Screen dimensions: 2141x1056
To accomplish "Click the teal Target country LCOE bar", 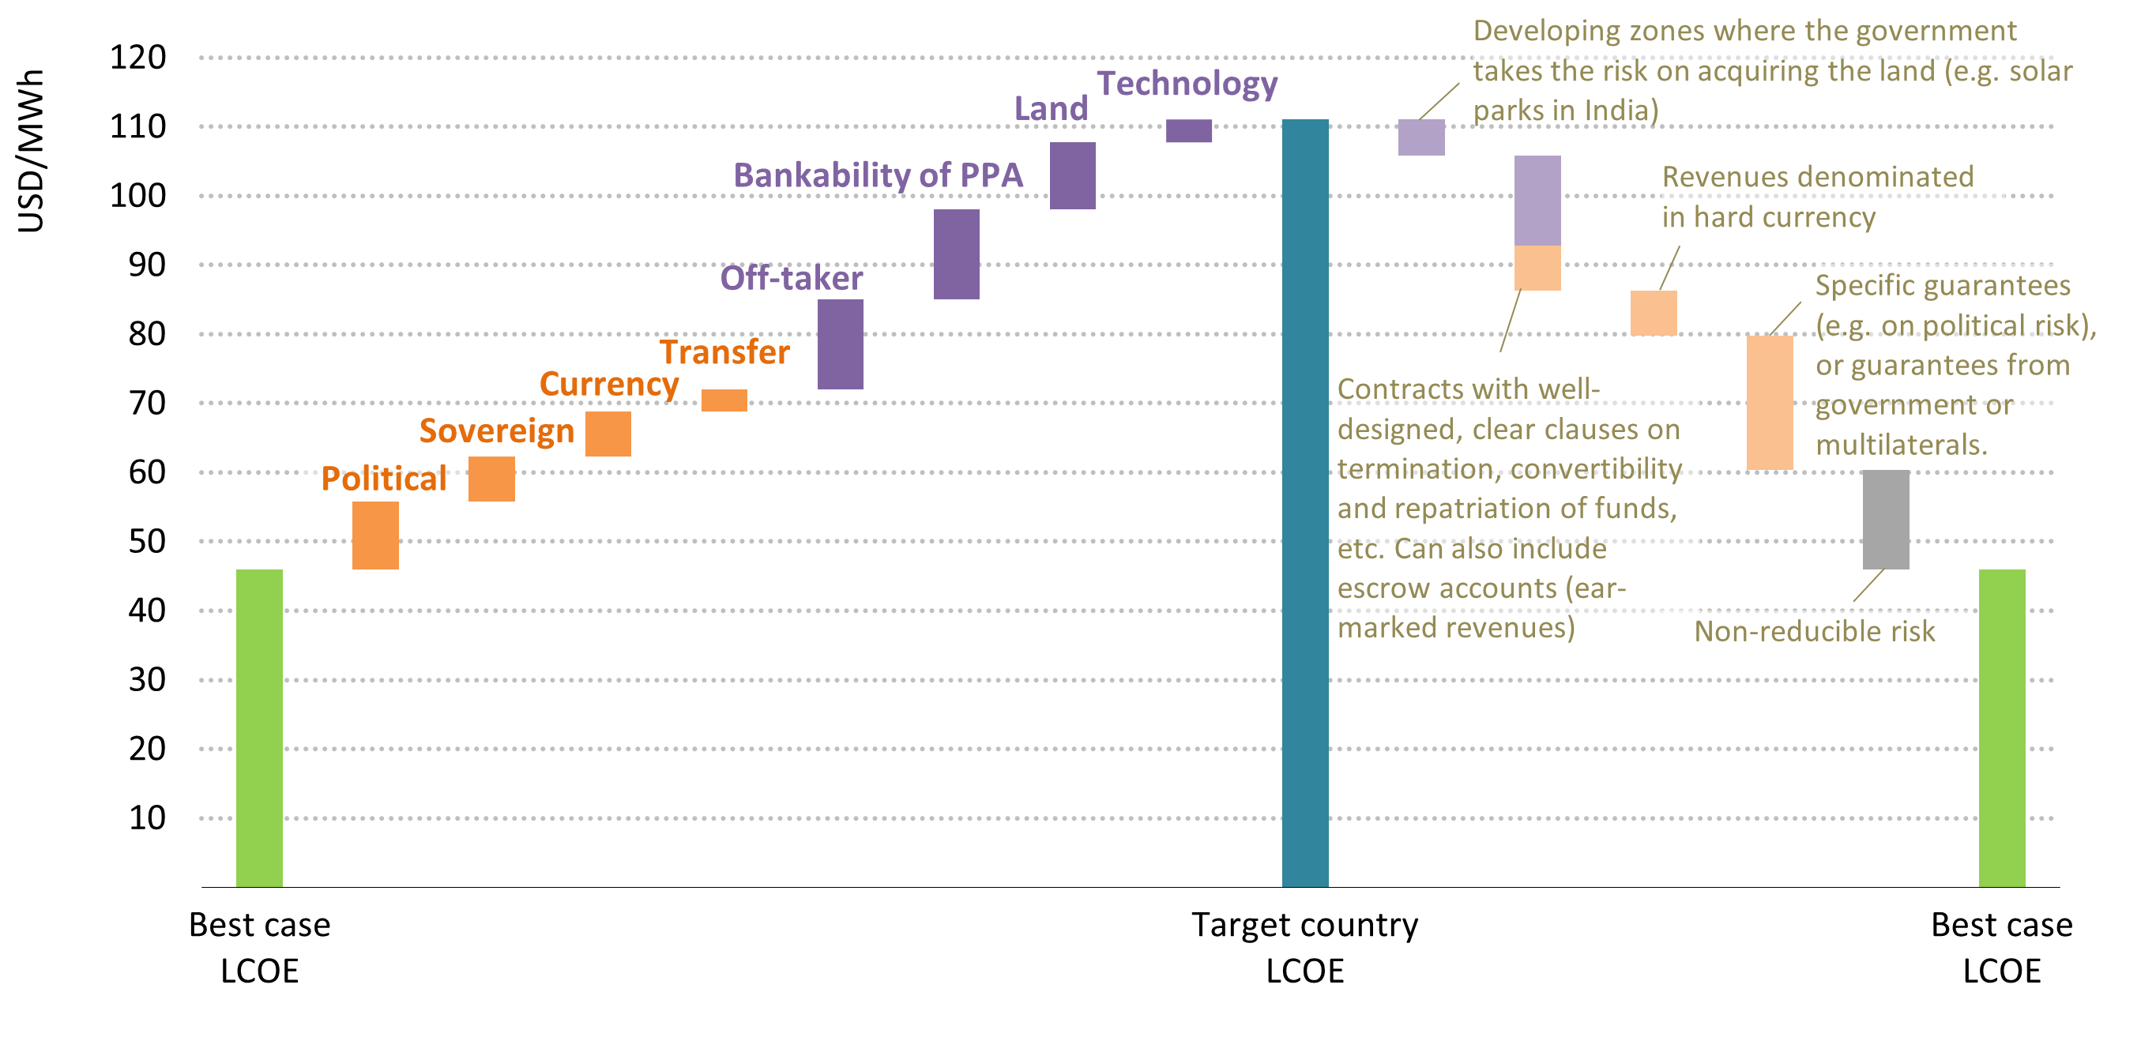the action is (1305, 502).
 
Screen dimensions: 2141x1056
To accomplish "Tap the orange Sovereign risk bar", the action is (491, 479).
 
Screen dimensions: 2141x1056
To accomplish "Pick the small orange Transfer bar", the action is (724, 400).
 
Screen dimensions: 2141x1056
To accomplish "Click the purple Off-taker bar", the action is (841, 344).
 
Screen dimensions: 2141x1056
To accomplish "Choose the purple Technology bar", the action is (1188, 130).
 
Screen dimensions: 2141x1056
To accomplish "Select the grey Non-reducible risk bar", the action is (1886, 519).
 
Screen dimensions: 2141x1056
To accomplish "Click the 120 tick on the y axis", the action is (138, 58).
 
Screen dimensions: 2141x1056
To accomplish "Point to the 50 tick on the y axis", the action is (147, 541).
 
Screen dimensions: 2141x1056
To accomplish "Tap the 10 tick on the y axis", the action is (147, 817).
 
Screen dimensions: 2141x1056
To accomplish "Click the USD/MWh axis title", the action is (31, 150).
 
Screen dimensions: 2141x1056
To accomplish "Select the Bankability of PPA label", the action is (878, 175).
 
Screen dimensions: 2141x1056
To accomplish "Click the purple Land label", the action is (1051, 109).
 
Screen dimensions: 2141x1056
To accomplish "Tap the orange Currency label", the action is (609, 385).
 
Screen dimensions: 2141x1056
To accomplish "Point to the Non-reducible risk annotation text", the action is (1815, 631).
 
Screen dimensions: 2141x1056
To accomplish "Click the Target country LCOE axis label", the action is (1305, 947).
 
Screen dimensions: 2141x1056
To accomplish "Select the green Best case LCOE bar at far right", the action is (2001, 727).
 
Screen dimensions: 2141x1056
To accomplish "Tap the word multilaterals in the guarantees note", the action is (1901, 445).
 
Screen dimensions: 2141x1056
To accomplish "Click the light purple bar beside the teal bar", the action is (1421, 137).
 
